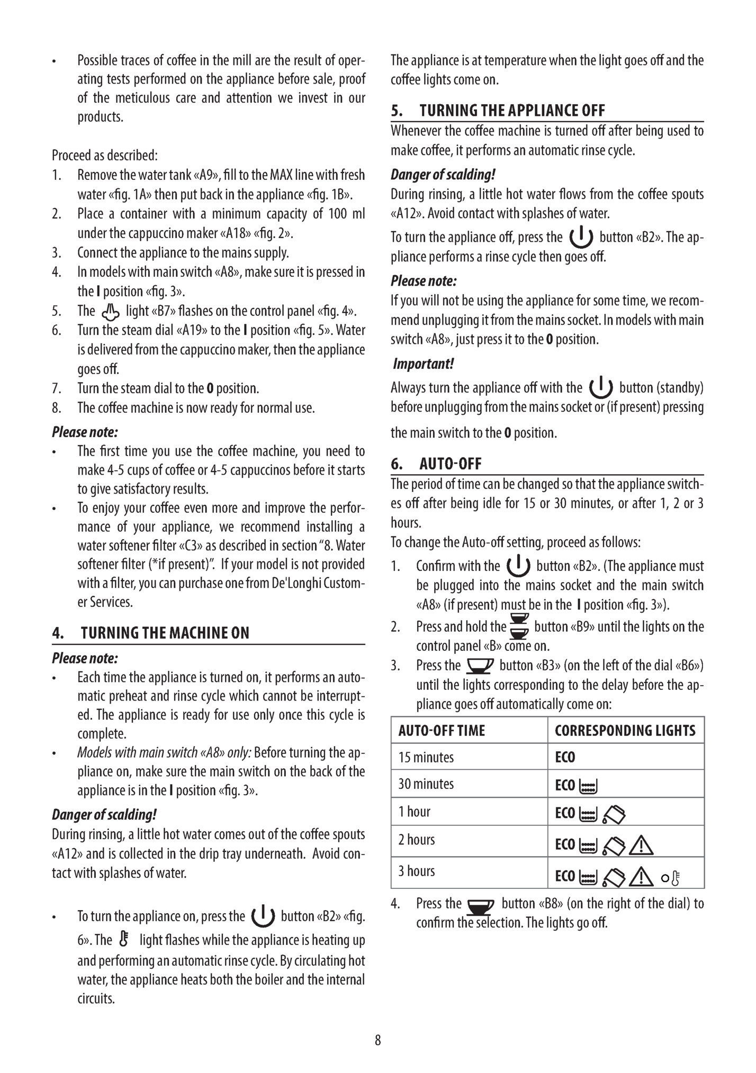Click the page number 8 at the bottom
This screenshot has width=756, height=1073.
[377, 1040]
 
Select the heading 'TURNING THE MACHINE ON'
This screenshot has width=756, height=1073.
[165, 633]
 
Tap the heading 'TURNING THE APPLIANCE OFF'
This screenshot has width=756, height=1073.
[512, 111]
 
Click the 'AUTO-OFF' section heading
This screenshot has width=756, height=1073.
[451, 464]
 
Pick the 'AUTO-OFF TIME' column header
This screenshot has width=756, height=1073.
[442, 731]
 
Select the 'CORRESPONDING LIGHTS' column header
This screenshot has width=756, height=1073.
[625, 731]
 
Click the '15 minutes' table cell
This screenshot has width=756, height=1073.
[426, 757]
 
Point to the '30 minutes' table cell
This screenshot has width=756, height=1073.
[426, 784]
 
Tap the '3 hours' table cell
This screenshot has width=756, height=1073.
[417, 871]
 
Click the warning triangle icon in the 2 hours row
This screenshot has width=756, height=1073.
[641, 846]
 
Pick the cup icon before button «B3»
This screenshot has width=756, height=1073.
[480, 666]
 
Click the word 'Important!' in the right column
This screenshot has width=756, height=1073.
[424, 364]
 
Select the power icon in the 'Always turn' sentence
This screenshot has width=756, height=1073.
[600, 388]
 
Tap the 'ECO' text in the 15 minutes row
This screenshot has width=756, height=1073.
[565, 757]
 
